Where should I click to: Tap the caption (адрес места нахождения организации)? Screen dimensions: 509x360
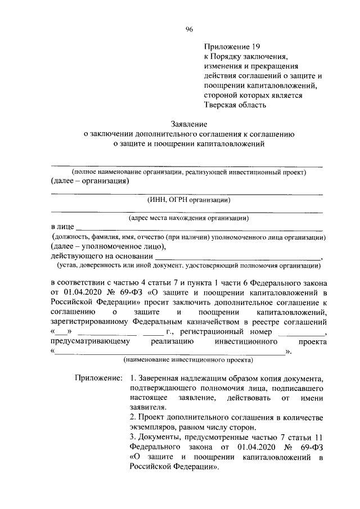click(x=188, y=217)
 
